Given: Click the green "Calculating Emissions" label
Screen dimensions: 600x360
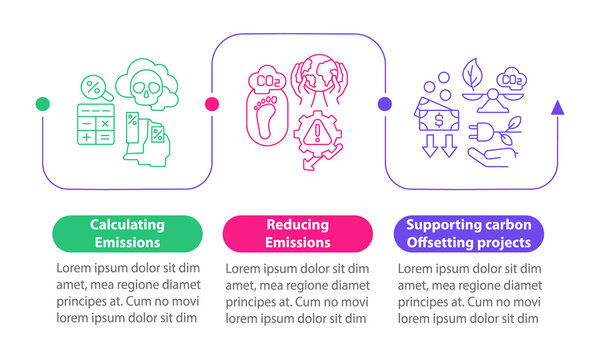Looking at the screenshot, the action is point(127,232).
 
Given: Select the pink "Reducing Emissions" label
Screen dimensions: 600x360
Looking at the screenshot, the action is point(297,232).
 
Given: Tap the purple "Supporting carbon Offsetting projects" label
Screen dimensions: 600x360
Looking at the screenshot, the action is point(469,232).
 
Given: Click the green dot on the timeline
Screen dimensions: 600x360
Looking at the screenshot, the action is point(42,103).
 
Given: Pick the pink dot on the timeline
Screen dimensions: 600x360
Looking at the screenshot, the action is point(212,103).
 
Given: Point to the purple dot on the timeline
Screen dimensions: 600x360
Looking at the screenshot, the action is point(384,103).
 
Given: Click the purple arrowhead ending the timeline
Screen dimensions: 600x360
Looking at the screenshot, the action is point(557,106).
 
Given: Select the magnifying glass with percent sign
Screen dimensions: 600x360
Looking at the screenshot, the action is point(96,87).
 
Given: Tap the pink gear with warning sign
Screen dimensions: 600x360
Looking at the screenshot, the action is point(319,135).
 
